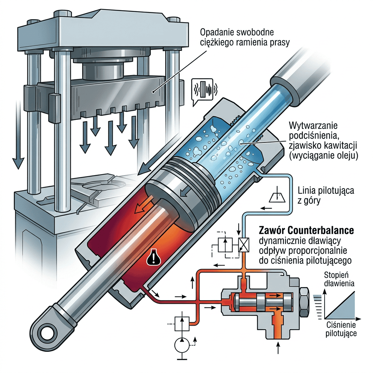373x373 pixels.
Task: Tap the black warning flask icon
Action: (x=154, y=256)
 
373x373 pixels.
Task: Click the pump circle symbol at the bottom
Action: (x=182, y=345)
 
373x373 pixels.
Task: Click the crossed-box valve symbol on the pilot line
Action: (x=244, y=245)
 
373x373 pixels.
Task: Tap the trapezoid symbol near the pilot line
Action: (x=277, y=197)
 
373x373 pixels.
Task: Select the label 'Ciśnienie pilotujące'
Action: (x=341, y=329)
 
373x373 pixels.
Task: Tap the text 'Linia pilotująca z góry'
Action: (x=326, y=195)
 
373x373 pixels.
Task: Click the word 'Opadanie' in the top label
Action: (x=216, y=32)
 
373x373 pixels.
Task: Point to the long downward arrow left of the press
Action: (x=18, y=134)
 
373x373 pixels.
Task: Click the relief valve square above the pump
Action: (x=182, y=324)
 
